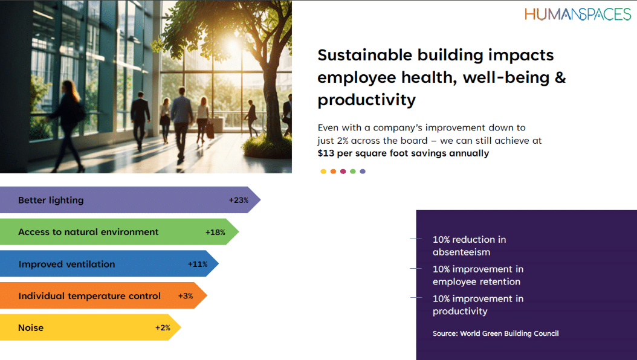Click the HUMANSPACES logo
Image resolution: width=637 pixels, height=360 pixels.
578,14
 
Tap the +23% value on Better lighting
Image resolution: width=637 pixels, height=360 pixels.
239,200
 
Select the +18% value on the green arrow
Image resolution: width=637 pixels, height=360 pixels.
215,232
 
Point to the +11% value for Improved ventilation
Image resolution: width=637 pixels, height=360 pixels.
198,264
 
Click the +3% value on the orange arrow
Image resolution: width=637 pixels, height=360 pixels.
186,296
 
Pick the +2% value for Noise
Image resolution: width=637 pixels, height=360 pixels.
163,327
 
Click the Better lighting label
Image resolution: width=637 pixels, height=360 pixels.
51,200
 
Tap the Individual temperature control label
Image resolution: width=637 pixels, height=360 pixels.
89,296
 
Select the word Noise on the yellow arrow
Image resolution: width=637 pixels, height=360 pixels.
31,327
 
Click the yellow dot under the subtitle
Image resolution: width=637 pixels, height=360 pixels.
323,172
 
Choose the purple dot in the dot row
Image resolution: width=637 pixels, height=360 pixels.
363,172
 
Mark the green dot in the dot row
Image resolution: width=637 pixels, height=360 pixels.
352,172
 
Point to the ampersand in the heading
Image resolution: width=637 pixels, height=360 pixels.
560,77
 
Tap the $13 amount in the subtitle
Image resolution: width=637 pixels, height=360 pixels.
326,153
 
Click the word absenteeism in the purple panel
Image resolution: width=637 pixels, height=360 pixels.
462,252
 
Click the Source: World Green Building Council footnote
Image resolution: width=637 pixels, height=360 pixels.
496,333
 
